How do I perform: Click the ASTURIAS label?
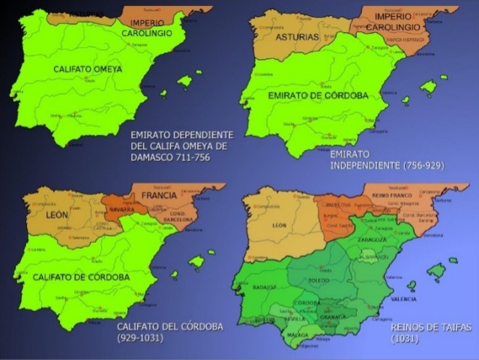click(x=298, y=37)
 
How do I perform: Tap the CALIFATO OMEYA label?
click(x=88, y=68)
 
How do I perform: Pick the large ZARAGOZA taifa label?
click(x=371, y=240)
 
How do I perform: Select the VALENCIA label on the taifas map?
click(x=404, y=298)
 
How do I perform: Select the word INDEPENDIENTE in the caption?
click(x=361, y=163)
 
